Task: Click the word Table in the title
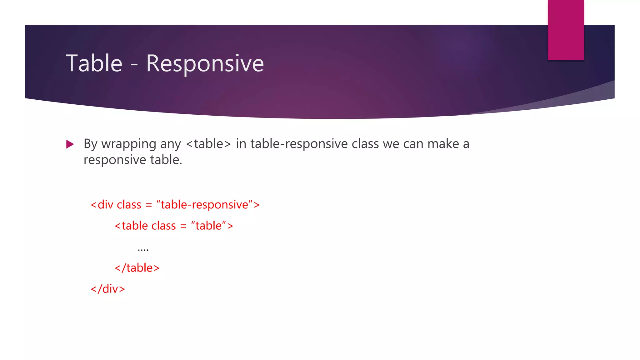point(94,63)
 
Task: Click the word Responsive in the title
point(205,64)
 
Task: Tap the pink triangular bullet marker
point(70,144)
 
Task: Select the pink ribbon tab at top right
point(566,30)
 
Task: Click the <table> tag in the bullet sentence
point(208,144)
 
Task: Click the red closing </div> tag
point(108,289)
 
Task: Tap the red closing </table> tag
point(137,268)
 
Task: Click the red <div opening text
point(102,205)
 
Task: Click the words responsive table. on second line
point(133,160)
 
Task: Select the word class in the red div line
point(129,205)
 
